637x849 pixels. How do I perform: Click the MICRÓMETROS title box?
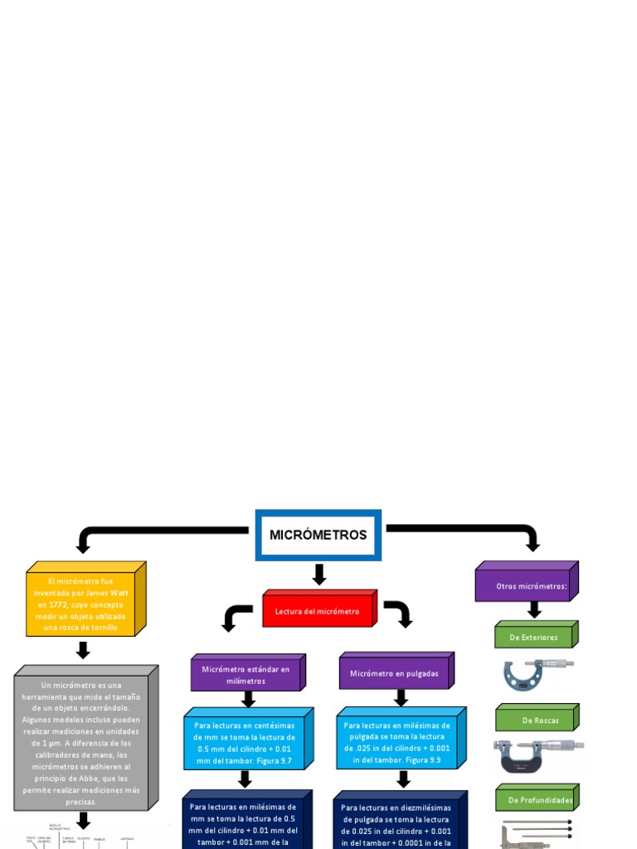click(x=318, y=535)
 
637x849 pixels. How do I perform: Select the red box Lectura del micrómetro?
click(x=317, y=611)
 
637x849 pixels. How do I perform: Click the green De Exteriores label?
click(x=533, y=637)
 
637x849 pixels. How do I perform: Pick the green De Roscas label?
click(x=533, y=720)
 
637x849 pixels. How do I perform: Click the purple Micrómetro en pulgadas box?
click(x=394, y=673)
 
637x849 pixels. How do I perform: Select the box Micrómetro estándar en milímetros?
click(x=246, y=674)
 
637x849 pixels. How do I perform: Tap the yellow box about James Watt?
click(x=81, y=604)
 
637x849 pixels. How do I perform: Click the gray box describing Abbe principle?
click(x=81, y=743)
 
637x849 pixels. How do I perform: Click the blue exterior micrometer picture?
click(x=536, y=675)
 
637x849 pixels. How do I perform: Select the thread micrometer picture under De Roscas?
click(x=536, y=754)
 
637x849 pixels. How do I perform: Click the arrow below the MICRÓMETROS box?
click(x=318, y=574)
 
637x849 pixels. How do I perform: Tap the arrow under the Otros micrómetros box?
click(x=534, y=609)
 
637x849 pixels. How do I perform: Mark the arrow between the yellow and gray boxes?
click(x=82, y=650)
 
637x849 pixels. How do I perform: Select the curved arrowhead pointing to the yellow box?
click(x=82, y=545)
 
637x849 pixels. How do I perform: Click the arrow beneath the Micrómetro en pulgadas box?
click(x=401, y=698)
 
